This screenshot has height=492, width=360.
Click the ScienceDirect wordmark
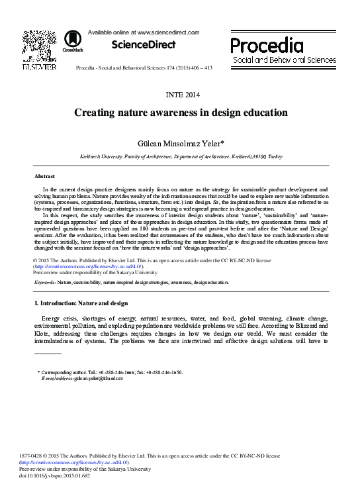coord(144,45)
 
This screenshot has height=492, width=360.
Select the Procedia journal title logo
coord(267,45)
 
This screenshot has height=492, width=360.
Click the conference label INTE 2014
coord(180,95)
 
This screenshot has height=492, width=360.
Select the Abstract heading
coord(45,177)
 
